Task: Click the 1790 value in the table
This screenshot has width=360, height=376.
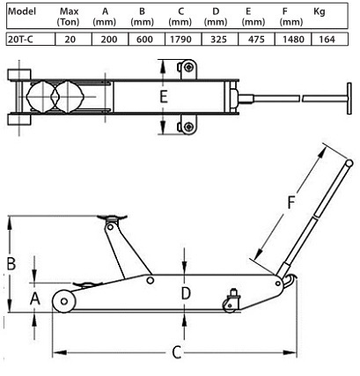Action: pyautogui.click(x=180, y=40)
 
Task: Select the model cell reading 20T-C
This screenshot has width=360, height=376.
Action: pyautogui.click(x=20, y=40)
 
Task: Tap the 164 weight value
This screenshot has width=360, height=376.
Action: pyautogui.click(x=327, y=40)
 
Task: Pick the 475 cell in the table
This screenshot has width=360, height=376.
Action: pyautogui.click(x=256, y=40)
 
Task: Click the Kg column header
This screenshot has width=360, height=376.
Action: pyautogui.click(x=320, y=12)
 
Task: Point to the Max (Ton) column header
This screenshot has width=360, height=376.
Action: pyautogui.click(x=69, y=17)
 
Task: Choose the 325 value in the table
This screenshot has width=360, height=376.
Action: pyautogui.click(x=218, y=40)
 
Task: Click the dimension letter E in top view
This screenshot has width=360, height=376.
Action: pyautogui.click(x=164, y=97)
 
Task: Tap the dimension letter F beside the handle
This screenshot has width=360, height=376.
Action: pyautogui.click(x=290, y=203)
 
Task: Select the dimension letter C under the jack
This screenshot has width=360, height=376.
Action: pyautogui.click(x=176, y=352)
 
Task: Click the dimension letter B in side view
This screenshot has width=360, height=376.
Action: pyautogui.click(x=11, y=263)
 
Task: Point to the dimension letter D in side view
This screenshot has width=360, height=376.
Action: pyautogui.click(x=186, y=293)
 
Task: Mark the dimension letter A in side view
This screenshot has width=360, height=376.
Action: pyautogui.click(x=35, y=299)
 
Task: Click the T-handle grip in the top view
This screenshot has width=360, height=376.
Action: pyautogui.click(x=349, y=98)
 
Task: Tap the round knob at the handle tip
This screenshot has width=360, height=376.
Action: pyautogui.click(x=349, y=163)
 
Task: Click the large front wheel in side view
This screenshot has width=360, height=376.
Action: pyautogui.click(x=64, y=301)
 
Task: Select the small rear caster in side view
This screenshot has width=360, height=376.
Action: pyautogui.click(x=230, y=306)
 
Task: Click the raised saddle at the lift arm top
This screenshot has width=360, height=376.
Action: pyautogui.click(x=112, y=217)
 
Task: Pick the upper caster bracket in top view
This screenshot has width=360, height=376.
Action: pyautogui.click(x=187, y=70)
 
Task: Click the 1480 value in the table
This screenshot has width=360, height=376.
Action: pyautogui.click(x=293, y=40)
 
